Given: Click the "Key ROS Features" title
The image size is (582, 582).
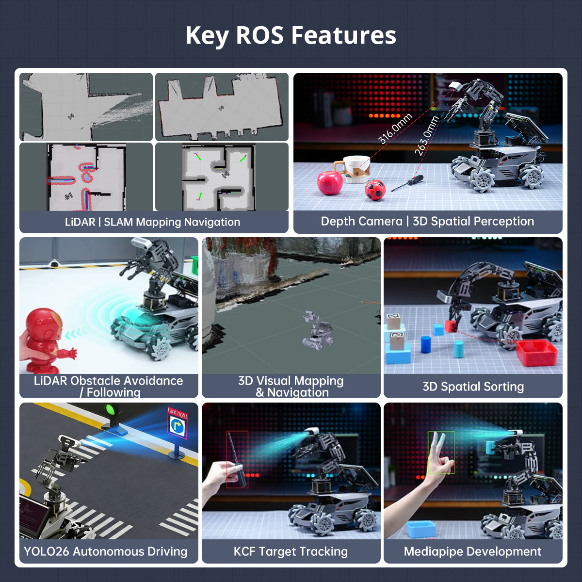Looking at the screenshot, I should click(291, 35).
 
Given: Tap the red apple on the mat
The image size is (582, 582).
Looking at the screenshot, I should click(330, 183).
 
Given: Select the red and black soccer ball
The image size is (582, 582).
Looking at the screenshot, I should click(375, 190).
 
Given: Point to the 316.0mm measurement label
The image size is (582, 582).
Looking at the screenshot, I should click(395, 129).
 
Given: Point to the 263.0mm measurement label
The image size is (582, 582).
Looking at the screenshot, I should click(427, 136).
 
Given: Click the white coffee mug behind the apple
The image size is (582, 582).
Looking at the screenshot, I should click(356, 168).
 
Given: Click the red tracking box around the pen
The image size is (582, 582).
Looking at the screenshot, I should click(237, 459).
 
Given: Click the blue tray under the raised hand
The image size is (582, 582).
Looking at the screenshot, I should click(421, 529).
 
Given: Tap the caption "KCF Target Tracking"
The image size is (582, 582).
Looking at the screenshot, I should click(291, 551).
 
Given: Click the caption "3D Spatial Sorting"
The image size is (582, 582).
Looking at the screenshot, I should click(473, 387).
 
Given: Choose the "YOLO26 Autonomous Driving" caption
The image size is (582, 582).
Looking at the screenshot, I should click(106, 551).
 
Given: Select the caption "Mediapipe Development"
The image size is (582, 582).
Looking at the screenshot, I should click(472, 551).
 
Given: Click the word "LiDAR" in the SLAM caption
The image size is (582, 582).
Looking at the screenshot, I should click(80, 222).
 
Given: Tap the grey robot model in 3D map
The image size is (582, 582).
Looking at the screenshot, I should click(318, 330).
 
